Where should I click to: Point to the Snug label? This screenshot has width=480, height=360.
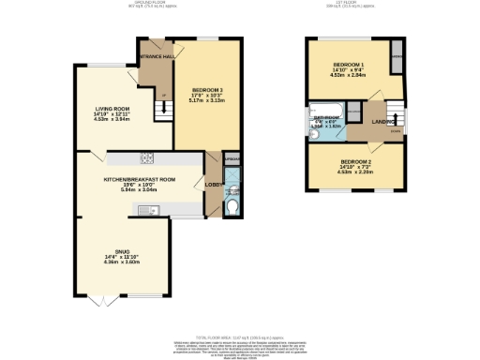(x=122, y=251)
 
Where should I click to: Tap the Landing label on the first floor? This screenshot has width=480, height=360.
(x=382, y=121)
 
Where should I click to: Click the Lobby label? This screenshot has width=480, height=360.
(x=213, y=185)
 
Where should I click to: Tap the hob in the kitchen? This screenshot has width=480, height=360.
(x=146, y=157)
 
